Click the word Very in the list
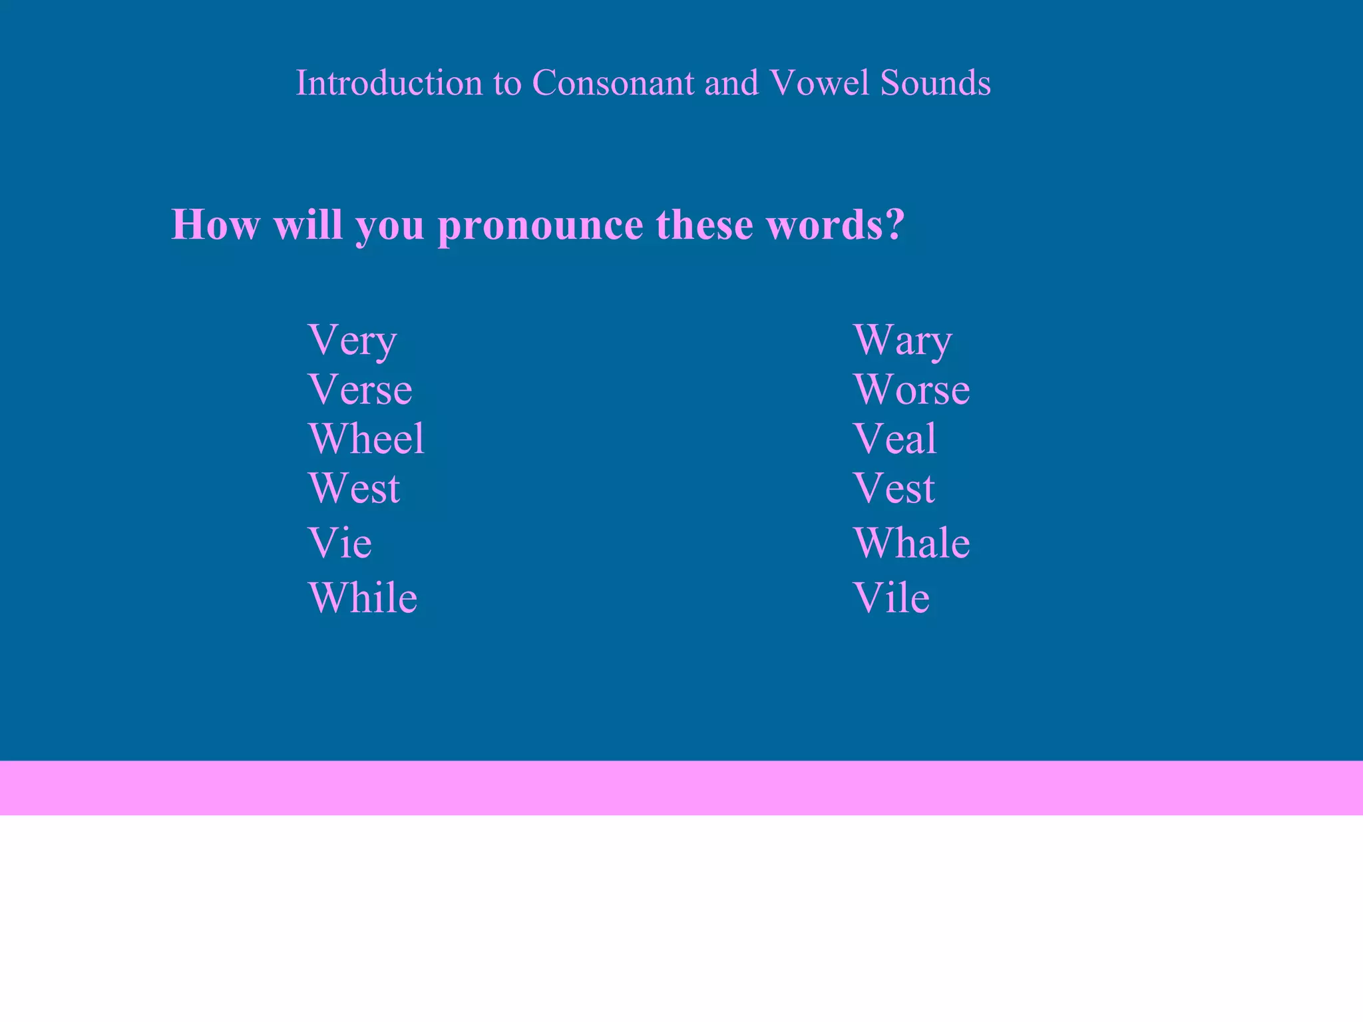click(352, 341)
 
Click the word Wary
click(902, 341)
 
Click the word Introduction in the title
click(389, 83)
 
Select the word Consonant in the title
click(612, 83)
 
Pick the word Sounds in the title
click(935, 83)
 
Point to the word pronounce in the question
click(540, 226)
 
